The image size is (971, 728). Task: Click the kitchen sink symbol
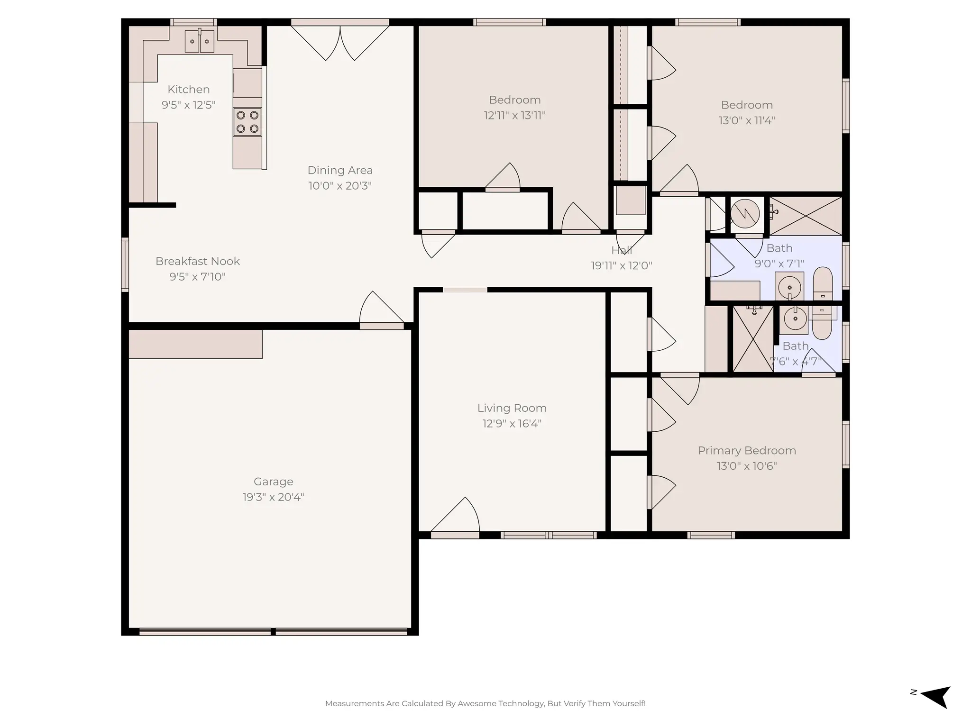(199, 41)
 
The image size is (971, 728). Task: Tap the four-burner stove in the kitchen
(247, 122)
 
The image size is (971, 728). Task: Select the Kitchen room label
(188, 90)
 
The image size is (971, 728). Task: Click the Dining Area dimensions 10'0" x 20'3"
(340, 186)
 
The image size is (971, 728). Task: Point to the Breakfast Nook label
(198, 261)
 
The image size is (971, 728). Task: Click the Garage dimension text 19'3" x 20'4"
(273, 497)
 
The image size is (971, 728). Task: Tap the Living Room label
(512, 408)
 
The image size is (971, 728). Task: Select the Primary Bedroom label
(746, 451)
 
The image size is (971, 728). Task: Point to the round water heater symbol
(745, 214)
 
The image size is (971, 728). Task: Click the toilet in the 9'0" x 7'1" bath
(823, 283)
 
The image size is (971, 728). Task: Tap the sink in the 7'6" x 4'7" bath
(795, 319)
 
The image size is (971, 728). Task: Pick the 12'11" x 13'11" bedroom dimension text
(514, 115)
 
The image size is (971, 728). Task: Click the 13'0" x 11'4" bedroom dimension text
(746, 120)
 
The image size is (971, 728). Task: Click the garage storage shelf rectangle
(195, 344)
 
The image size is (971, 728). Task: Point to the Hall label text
(621, 250)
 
